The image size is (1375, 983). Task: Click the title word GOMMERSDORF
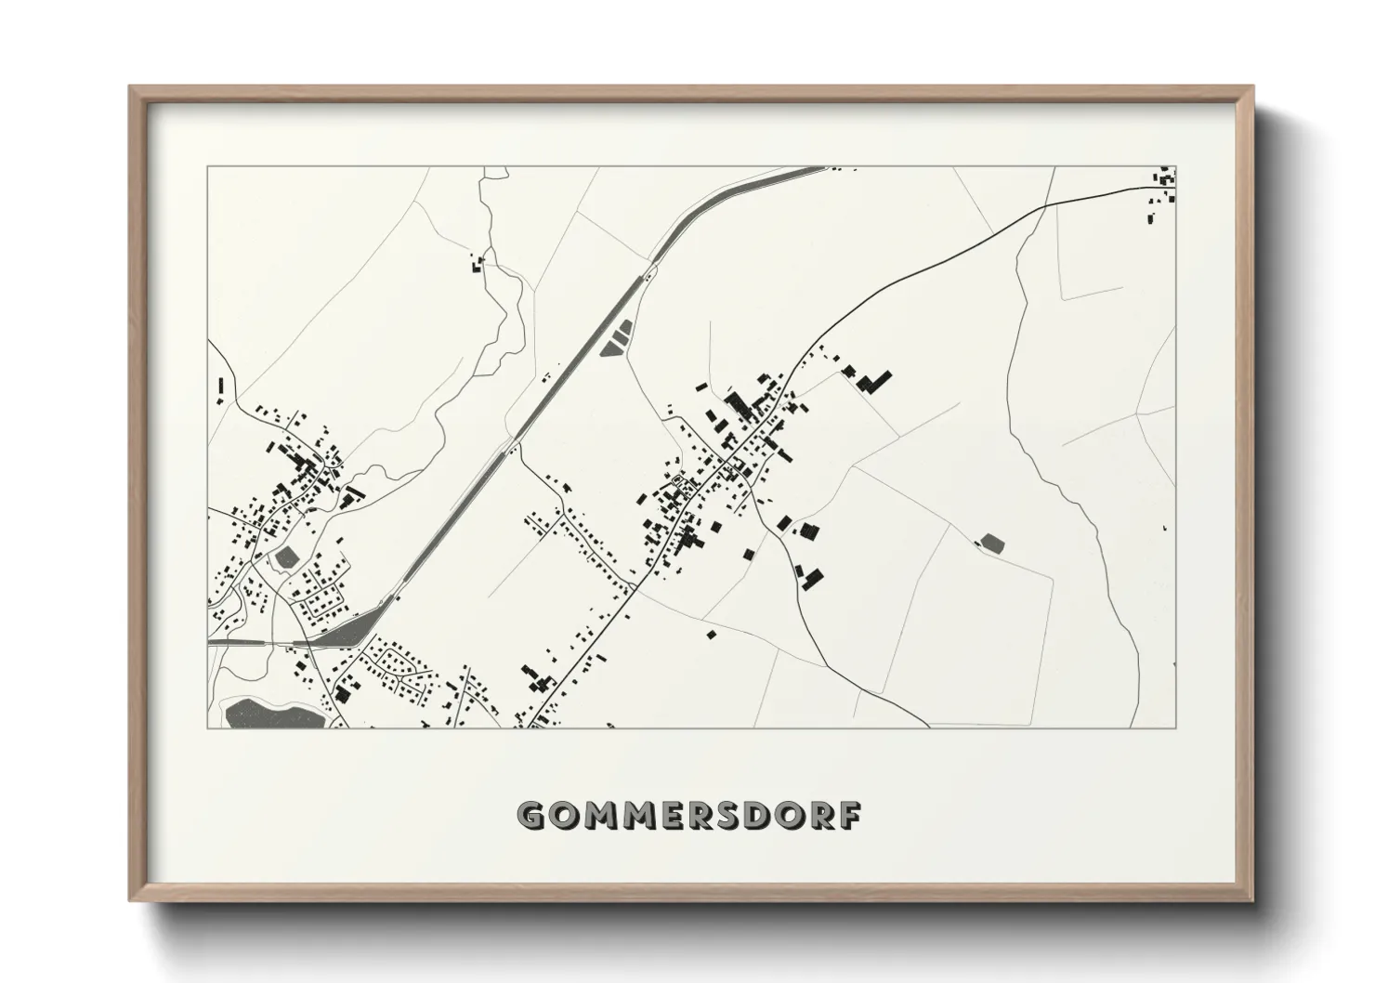pos(688,816)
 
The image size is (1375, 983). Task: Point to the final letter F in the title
pos(850,816)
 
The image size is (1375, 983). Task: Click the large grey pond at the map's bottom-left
pos(270,714)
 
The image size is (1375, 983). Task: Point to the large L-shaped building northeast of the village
pos(872,379)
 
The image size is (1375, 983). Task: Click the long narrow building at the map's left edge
pos(221,390)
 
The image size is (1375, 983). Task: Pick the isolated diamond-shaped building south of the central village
pos(712,635)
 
